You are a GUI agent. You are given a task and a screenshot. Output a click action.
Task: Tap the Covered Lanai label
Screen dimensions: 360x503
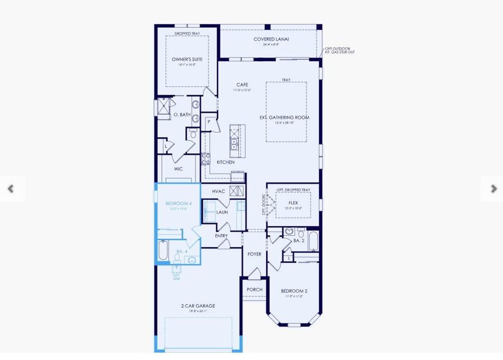coord(271,40)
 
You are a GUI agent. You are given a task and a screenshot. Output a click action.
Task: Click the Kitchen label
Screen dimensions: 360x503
coord(225,162)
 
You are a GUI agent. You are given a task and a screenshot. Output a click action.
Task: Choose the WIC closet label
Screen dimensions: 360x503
coord(178,169)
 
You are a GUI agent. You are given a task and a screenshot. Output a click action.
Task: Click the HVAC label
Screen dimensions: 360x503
coord(218,191)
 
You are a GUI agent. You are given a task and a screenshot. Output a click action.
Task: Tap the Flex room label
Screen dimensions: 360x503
coord(293,203)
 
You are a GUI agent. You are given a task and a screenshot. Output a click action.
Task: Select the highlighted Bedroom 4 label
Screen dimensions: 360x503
coord(178,204)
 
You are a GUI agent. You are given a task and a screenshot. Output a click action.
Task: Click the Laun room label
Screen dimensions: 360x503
coord(222,212)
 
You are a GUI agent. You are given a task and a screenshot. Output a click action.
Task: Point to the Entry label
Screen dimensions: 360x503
coord(222,236)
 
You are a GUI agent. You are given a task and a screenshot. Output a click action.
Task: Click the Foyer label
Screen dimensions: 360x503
coord(255,254)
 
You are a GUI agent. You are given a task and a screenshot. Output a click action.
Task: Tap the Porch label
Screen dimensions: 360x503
coord(254,289)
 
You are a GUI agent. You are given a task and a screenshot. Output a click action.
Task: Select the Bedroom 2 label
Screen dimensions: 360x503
coord(294,291)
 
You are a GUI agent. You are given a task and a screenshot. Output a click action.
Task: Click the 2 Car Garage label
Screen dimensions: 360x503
coord(198,306)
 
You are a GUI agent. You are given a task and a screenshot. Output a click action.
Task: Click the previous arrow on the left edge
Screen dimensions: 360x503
coord(10,188)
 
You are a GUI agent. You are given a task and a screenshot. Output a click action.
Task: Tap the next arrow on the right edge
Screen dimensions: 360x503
coord(493,188)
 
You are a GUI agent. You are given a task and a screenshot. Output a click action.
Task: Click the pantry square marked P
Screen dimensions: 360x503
coord(209,122)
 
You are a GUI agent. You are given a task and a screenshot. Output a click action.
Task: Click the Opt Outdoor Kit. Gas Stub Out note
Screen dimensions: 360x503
coord(340,50)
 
